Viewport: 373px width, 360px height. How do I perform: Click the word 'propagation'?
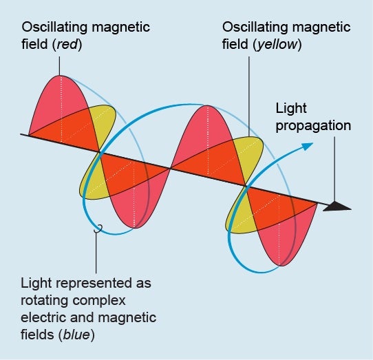click(313, 125)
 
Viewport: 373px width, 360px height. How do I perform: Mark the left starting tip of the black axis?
click(23, 134)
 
